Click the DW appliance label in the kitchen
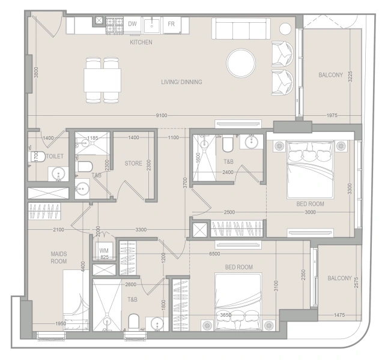pyautogui.click(x=133, y=24)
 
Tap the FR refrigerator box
pyautogui.click(x=171, y=24)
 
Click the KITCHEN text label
pyautogui.click(x=141, y=43)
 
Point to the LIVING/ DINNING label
pyautogui.click(x=181, y=82)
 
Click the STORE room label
pyautogui.click(x=133, y=163)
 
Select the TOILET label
pyautogui.click(x=55, y=156)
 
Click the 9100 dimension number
pyautogui.click(x=161, y=115)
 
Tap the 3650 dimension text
pyautogui.click(x=227, y=314)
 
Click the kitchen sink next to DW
pyautogui.click(x=153, y=25)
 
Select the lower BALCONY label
pyautogui.click(x=339, y=278)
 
